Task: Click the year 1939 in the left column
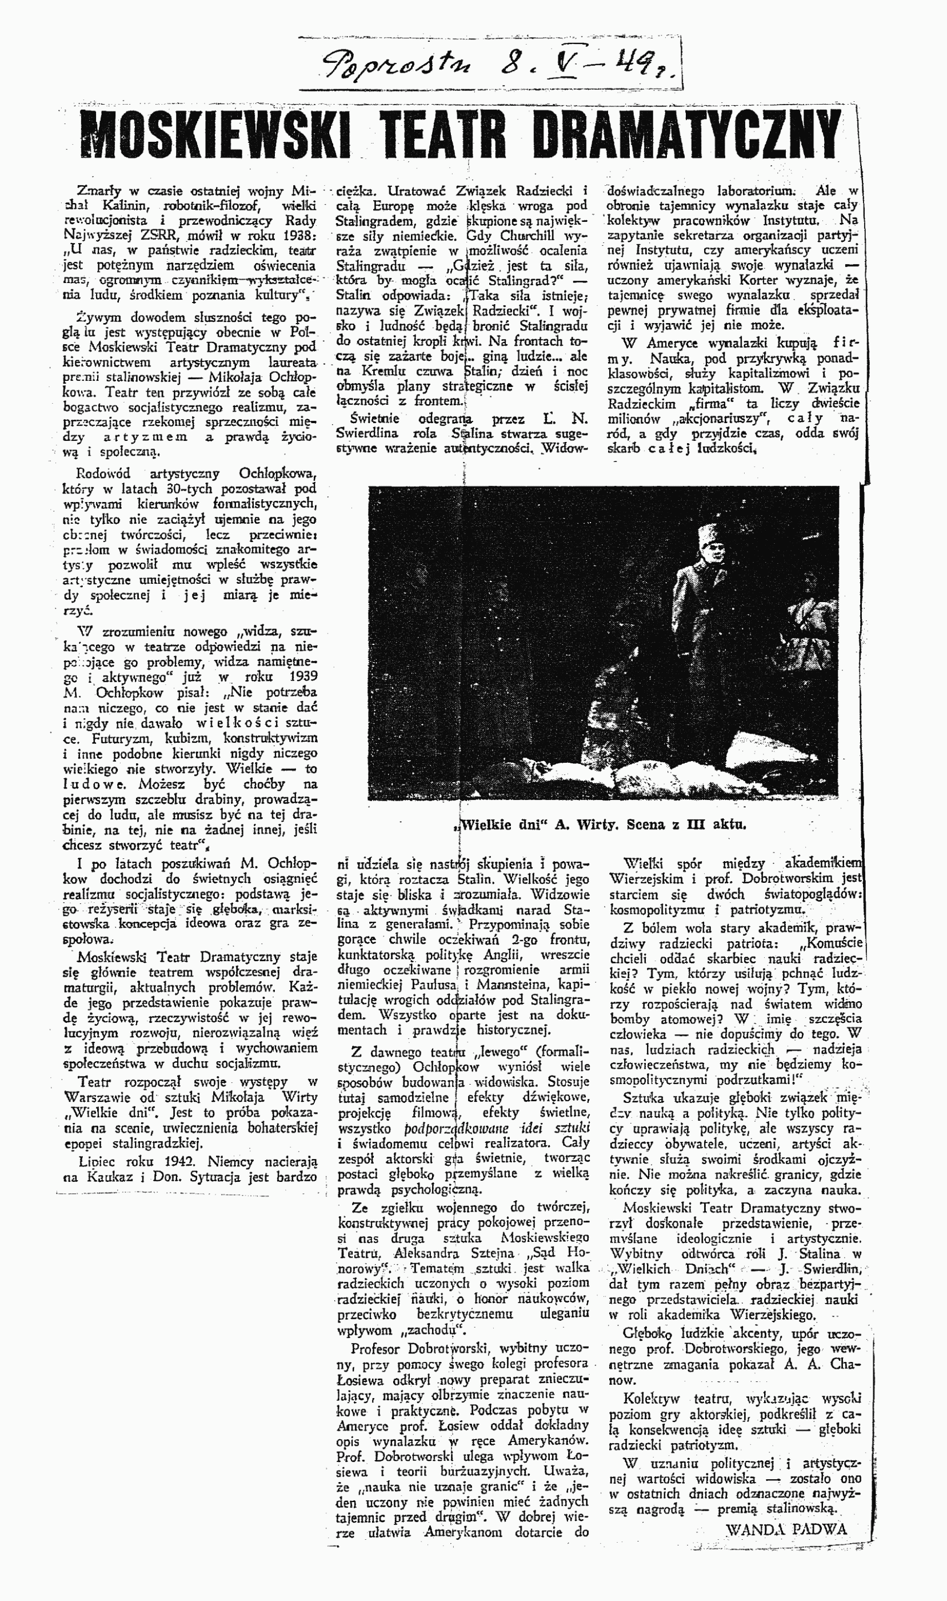pos(301,678)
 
